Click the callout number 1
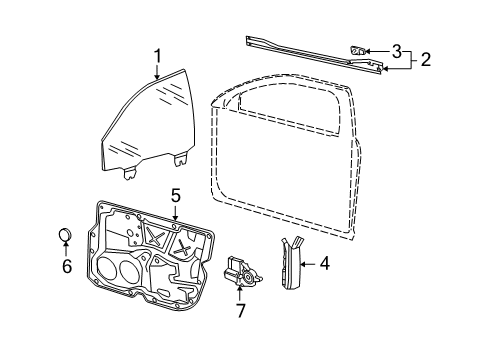157,56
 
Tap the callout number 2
426,60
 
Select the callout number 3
396,51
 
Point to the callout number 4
324,263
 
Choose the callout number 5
176,195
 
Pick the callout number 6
67,266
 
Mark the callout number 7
241,311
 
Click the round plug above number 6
65,234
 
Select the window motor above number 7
242,271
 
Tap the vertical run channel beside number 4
291,263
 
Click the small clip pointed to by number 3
358,51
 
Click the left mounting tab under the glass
130,173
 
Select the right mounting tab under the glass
181,159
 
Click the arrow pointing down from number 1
157,71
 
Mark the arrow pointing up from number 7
240,294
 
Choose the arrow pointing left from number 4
308,264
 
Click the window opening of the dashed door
290,110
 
